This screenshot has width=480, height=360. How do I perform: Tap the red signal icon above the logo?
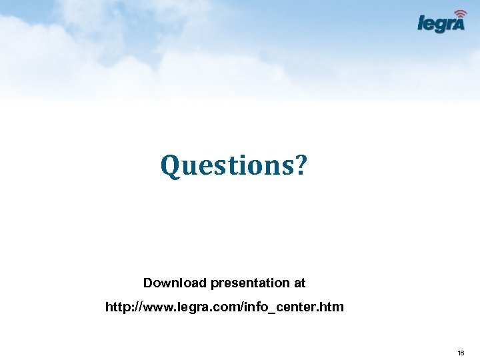coord(459,13)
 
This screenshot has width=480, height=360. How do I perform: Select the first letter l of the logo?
coord(420,23)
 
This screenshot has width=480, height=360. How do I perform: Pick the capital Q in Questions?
coord(171,165)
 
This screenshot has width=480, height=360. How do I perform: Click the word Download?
coord(175,283)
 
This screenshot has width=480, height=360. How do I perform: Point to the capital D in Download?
coord(148,283)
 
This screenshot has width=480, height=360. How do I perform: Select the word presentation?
coord(251,283)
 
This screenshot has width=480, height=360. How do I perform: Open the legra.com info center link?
coord(225,307)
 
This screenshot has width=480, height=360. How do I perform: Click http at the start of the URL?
coord(117,307)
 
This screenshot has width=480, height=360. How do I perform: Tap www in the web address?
coord(158,307)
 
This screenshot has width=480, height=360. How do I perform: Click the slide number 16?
coord(461,352)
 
